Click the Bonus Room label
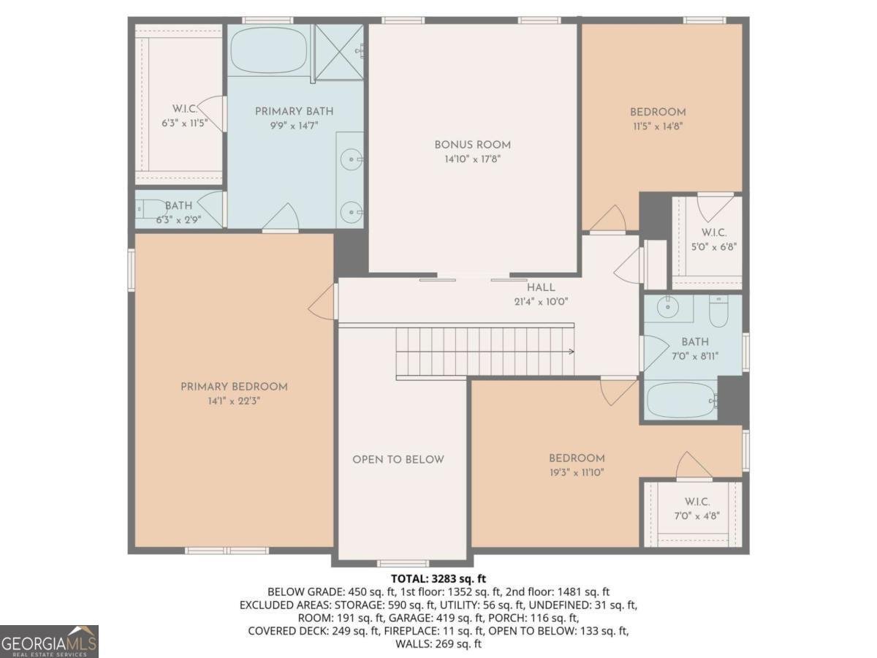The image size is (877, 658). [472, 145]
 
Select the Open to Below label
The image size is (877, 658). [398, 460]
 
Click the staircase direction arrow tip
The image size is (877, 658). [572, 352]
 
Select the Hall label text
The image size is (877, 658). [541, 287]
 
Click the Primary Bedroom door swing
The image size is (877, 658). [322, 301]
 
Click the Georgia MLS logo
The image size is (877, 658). [49, 641]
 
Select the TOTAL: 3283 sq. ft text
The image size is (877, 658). [438, 579]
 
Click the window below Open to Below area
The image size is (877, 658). [403, 563]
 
